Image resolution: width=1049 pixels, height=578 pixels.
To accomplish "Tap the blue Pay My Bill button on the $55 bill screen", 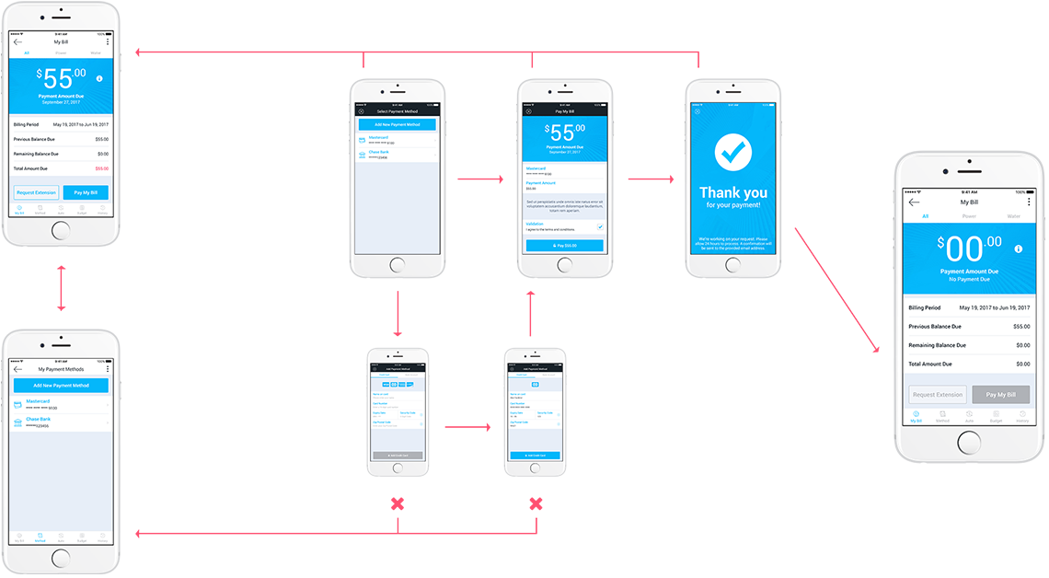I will pyautogui.click(x=85, y=192).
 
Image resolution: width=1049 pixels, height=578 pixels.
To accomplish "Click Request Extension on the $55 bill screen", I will pyautogui.click(x=37, y=192).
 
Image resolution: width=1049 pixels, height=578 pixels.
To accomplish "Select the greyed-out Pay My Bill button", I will pyautogui.click(x=1000, y=395).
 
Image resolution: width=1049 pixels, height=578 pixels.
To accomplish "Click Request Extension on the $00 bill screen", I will pyautogui.click(x=938, y=395).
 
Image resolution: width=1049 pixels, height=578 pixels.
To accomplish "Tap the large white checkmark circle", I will pyautogui.click(x=733, y=154).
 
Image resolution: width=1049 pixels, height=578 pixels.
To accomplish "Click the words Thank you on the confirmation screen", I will pyautogui.click(x=733, y=192).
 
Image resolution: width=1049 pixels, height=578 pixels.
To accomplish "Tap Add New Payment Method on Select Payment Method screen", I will pyautogui.click(x=397, y=124).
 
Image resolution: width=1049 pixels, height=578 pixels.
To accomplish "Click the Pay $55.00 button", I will pyautogui.click(x=565, y=246).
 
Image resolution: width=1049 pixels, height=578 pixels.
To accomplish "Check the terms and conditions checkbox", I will pyautogui.click(x=600, y=226).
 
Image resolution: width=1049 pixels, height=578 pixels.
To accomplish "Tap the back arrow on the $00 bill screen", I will pyautogui.click(x=914, y=202).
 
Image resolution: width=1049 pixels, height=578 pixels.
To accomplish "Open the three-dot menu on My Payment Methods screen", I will pyautogui.click(x=108, y=369).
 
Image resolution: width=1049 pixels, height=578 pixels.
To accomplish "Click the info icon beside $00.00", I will pyautogui.click(x=1019, y=249).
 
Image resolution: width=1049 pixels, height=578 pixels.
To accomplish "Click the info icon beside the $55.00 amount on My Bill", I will pyautogui.click(x=99, y=79).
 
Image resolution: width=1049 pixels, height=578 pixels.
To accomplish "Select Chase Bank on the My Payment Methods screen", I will pyautogui.click(x=39, y=420).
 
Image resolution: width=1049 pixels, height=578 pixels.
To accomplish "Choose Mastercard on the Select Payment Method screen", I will pyautogui.click(x=377, y=138).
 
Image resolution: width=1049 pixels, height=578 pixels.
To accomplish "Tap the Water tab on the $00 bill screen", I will pyautogui.click(x=1013, y=217).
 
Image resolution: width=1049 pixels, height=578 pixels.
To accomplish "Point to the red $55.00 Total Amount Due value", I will pyautogui.click(x=101, y=168).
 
